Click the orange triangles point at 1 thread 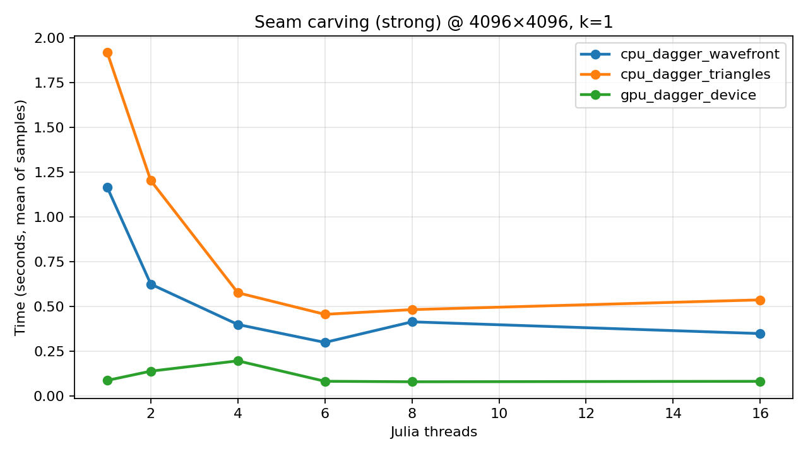coord(107,52)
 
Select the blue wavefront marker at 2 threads coord(151,284)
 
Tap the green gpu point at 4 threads coord(238,361)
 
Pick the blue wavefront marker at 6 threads coord(325,342)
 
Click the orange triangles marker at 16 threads coord(760,300)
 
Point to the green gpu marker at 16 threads coord(760,381)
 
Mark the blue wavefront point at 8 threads coord(412,322)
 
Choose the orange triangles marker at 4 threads coord(238,293)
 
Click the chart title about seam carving coord(434,23)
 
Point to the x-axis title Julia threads coord(434,432)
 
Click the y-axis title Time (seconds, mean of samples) coord(21,217)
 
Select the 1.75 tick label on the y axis coord(50,83)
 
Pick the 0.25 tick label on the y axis coord(50,351)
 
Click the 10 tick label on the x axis coord(499,414)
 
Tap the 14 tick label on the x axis coord(673,414)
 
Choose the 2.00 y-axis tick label coord(50,38)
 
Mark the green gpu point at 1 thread coord(107,380)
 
